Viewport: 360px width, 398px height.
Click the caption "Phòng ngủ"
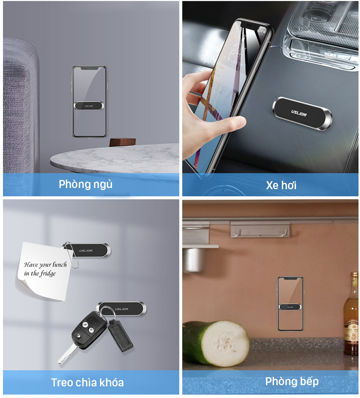pos(86,184)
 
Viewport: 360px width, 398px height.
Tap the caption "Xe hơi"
pos(281,185)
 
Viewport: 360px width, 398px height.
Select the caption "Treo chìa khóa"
pos(87,382)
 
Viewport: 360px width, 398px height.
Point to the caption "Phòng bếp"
pos(292,382)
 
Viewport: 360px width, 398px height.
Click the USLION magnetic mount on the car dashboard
pos(302,114)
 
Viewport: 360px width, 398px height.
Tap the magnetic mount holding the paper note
pos(86,250)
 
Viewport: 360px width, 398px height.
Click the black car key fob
pos(89,328)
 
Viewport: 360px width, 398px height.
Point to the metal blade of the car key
pos(67,354)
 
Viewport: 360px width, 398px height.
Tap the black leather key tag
pos(120,335)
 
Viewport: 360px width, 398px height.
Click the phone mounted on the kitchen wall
pos(290,304)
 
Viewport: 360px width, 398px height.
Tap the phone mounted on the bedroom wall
pos(89,102)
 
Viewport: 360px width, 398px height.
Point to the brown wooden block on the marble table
pos(123,142)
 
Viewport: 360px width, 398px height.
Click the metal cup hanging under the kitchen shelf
pos(194,260)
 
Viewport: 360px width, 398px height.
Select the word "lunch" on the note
pos(60,265)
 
